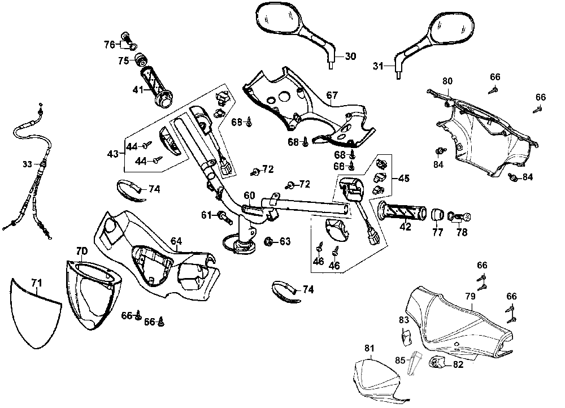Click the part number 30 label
tap(350, 56)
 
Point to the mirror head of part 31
tap(452, 28)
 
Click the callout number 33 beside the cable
tap(28, 164)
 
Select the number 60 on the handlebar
tap(249, 196)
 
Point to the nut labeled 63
tap(268, 242)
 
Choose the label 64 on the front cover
tap(176, 242)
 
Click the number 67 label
tap(332, 94)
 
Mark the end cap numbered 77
tap(437, 214)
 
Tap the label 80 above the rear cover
tap(447, 81)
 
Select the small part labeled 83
tap(406, 337)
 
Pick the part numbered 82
tap(439, 362)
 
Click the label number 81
tap(369, 349)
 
